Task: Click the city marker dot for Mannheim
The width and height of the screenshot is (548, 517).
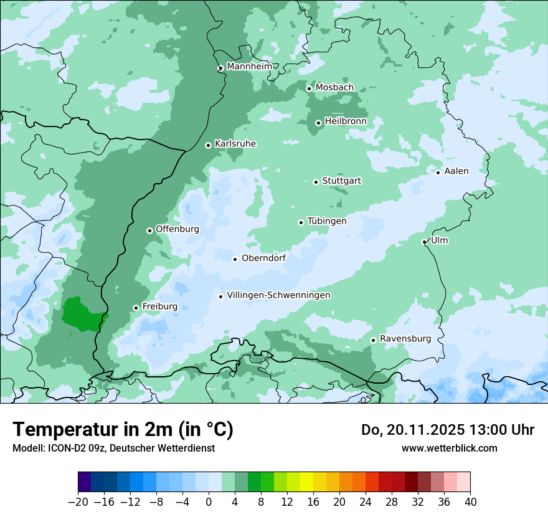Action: point(220,69)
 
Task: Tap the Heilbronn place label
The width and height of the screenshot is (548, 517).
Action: point(346,121)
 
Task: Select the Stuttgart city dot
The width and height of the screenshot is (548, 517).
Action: point(316,182)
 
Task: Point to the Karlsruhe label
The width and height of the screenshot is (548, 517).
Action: point(235,144)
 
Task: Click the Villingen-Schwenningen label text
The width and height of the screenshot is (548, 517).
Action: point(278,295)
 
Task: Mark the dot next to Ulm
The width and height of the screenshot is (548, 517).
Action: point(424,242)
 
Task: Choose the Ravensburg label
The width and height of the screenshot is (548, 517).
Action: point(405,339)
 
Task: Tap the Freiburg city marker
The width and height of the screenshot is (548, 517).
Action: point(136,308)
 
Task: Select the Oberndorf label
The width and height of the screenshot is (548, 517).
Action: point(263,258)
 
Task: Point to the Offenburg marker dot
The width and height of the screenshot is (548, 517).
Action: point(149,230)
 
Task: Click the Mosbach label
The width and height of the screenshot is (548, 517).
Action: point(334,87)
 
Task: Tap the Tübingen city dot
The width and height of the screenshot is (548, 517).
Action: point(301,222)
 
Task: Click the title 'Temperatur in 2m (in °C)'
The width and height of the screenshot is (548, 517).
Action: point(123,430)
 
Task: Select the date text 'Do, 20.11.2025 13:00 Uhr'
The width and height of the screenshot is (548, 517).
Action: point(447,430)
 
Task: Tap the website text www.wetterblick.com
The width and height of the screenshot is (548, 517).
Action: point(449,448)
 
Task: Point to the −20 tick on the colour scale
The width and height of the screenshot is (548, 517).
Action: point(78,502)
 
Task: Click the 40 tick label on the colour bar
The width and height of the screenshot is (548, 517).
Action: point(470,502)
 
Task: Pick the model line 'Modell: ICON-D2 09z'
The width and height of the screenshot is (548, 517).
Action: point(113,448)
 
